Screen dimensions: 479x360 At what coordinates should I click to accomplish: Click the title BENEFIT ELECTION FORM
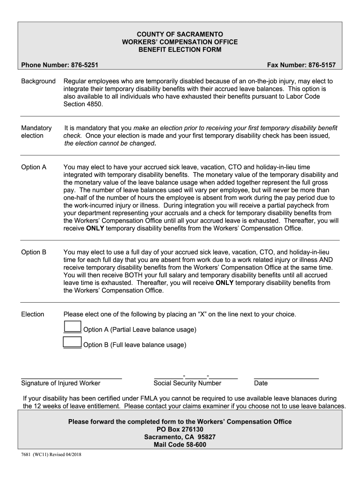coord(180,50)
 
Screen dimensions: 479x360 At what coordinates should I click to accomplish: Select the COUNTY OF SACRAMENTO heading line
coord(180,34)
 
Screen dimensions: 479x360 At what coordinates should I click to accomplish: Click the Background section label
coord(38,81)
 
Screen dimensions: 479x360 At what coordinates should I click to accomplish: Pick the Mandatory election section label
coord(36,132)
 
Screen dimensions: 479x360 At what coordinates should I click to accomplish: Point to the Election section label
coord(33,314)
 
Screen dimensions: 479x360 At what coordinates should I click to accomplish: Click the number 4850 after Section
coord(94,104)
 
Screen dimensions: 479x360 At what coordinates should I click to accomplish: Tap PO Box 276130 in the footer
coord(180,429)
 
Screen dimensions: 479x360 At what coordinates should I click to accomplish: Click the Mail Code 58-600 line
coord(180,445)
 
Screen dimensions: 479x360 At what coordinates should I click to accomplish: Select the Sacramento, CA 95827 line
coord(180,437)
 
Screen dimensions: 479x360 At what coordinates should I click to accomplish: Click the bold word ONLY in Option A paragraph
coord(95,229)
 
